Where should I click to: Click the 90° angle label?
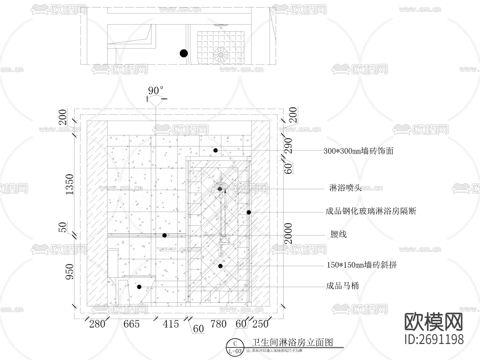point(155,91)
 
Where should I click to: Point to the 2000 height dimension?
point(288,234)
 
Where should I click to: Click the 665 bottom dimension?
point(131,324)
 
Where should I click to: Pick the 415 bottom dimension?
point(171,324)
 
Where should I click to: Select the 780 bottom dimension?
point(218,324)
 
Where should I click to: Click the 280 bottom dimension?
point(97,324)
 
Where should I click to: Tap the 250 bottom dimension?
point(260,324)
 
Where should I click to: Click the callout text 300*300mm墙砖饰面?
point(358,151)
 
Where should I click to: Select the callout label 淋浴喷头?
point(345,188)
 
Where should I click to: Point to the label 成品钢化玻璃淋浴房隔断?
point(371,211)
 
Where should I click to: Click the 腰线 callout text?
point(338,234)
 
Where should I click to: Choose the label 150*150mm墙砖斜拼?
point(362,265)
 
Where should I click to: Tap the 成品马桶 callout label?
point(342,286)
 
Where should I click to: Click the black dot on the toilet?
point(139,287)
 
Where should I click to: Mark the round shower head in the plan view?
point(221,55)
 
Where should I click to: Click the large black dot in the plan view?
point(183,53)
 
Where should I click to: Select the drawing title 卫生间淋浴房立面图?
point(293,342)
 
